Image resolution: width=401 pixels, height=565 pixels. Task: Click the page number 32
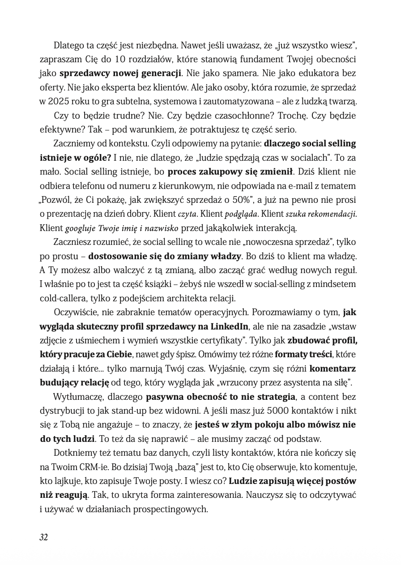[43, 537]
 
